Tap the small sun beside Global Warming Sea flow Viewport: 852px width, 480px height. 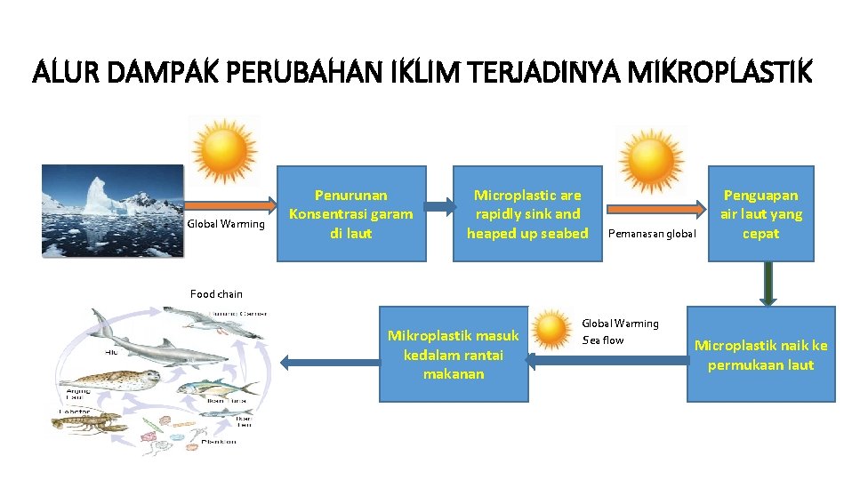click(553, 330)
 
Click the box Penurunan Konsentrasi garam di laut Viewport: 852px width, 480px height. click(350, 214)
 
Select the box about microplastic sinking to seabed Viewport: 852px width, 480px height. click(527, 214)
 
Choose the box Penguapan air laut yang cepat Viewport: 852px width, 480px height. click(760, 214)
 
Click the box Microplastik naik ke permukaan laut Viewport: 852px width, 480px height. click(760, 355)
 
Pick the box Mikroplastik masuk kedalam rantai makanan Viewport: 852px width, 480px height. click(454, 355)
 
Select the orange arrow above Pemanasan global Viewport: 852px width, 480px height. click(653, 208)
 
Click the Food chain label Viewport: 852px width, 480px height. click(216, 294)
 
